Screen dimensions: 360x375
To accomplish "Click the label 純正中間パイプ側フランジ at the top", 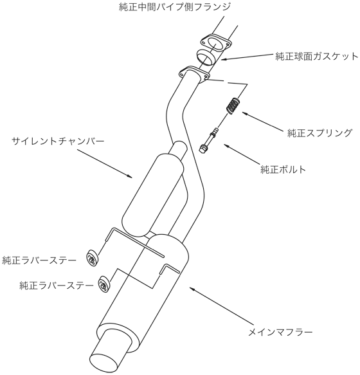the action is point(174,7).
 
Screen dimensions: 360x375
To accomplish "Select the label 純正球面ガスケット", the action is point(317,57).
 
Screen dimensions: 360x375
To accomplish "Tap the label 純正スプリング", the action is point(319,133).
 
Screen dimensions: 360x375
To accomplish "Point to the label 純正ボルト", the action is point(283,170).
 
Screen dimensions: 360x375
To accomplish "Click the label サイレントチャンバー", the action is point(58,141).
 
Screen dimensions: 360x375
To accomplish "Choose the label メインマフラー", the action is point(280,332).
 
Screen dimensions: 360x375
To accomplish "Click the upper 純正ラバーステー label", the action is point(39,261).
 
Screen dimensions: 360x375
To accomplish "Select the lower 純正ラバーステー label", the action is point(56,286).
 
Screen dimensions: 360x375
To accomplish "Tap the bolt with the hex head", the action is point(208,141).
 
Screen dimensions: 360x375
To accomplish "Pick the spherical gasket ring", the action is point(206,57).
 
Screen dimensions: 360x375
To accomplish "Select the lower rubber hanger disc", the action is point(105,284).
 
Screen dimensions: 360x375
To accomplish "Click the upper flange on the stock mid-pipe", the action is point(215,43).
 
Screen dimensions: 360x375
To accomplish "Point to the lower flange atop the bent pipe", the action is point(194,74).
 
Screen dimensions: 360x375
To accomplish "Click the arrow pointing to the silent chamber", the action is point(104,163).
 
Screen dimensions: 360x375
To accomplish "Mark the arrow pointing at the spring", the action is point(263,122).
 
